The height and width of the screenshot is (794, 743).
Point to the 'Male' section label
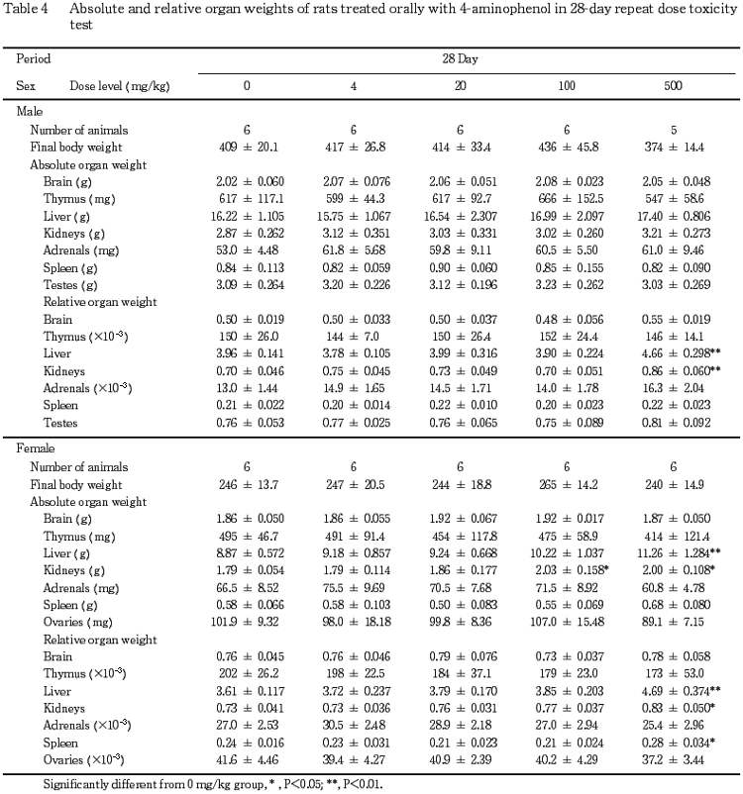tap(33, 111)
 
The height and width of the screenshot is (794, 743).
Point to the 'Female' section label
tap(39, 448)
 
